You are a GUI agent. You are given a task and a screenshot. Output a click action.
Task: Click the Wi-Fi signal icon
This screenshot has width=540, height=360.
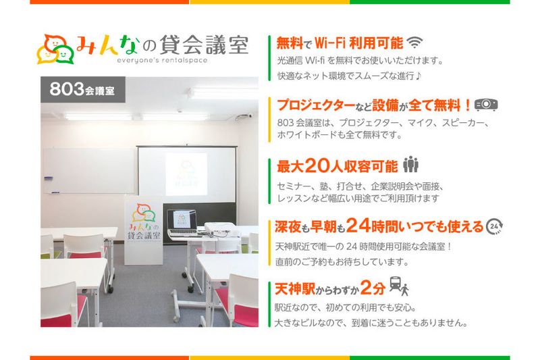point(414,43)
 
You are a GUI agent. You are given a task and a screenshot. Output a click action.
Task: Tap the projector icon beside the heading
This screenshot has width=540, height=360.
point(486,105)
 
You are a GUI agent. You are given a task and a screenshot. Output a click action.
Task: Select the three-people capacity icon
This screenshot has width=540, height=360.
point(410,165)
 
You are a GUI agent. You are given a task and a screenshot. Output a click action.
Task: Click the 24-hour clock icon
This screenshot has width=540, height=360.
point(495,226)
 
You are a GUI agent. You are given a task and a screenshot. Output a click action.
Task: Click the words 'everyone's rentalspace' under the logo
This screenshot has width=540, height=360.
point(160,60)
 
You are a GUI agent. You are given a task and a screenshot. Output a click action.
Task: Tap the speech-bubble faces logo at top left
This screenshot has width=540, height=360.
point(56,49)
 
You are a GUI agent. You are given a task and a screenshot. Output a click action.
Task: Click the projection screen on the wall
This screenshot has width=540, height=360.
point(186,172)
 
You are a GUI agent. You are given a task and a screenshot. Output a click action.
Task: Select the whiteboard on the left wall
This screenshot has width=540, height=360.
point(88,170)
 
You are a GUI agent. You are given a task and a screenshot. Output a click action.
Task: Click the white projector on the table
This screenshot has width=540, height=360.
point(219,230)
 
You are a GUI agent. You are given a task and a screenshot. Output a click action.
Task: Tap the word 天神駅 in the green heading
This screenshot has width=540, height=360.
point(295,288)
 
